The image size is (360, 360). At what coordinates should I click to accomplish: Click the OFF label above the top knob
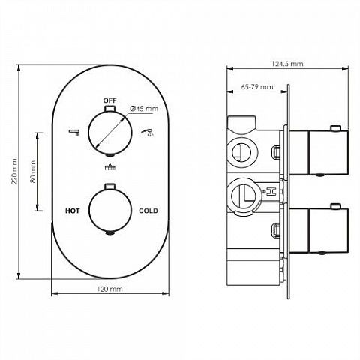click(110, 100)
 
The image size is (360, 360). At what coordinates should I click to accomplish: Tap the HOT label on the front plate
click(73, 211)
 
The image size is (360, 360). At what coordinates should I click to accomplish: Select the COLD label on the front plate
click(148, 211)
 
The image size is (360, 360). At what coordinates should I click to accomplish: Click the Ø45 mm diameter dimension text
click(144, 109)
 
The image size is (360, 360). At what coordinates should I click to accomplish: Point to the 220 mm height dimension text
click(15, 171)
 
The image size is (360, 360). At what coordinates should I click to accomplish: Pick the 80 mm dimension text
click(33, 172)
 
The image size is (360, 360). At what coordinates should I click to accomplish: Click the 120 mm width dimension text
click(110, 289)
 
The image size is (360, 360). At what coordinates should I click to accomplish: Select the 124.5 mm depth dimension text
click(287, 64)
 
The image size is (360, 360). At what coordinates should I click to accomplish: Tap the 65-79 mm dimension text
click(257, 87)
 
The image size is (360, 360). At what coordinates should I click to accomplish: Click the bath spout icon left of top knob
click(74, 132)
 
